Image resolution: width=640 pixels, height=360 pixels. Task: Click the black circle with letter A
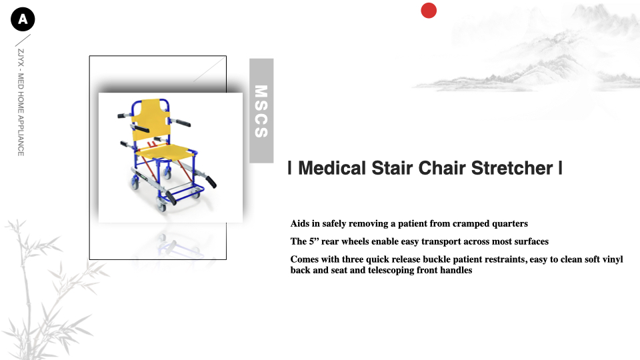(23, 19)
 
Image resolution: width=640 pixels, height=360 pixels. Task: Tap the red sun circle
(429, 11)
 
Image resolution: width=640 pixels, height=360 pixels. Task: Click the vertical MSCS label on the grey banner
(261, 111)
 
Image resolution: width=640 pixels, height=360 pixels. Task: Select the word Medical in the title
(332, 168)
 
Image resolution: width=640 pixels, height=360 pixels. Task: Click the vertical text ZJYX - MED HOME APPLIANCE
(21, 103)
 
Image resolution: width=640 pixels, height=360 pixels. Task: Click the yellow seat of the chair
(167, 152)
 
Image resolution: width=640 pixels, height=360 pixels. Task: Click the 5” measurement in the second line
(313, 241)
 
